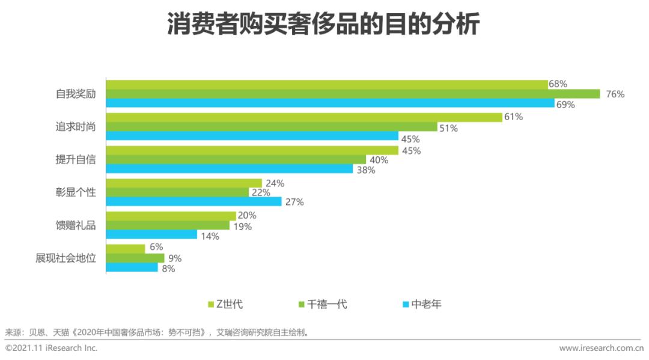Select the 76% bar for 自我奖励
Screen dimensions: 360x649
click(x=353, y=94)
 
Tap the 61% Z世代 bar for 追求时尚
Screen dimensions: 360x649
click(x=304, y=117)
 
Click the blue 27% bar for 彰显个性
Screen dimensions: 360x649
click(x=193, y=202)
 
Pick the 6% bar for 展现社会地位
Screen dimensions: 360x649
click(x=126, y=248)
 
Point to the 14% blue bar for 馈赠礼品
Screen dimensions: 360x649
click(x=151, y=234)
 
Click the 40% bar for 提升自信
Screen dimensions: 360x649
click(x=236, y=160)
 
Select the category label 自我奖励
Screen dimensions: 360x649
click(x=76, y=94)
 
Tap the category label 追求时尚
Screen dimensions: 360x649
click(x=76, y=127)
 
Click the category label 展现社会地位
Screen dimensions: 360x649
click(x=66, y=258)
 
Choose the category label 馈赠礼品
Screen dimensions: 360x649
click(x=76, y=225)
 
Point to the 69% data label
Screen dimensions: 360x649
click(x=565, y=105)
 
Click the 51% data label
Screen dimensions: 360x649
click(x=448, y=128)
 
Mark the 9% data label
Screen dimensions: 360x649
click(x=174, y=259)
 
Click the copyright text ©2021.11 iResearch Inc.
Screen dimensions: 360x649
click(x=51, y=348)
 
